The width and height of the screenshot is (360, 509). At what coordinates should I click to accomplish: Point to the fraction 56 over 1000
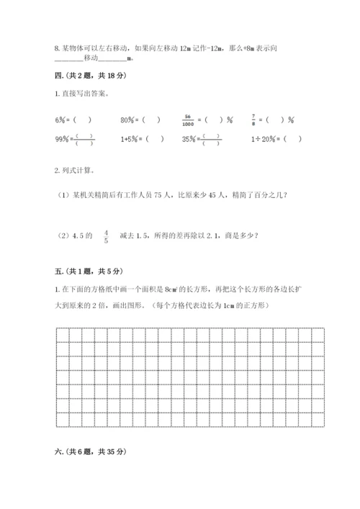[x=190, y=120]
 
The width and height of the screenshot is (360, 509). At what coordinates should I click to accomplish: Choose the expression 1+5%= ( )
[x=143, y=140]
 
